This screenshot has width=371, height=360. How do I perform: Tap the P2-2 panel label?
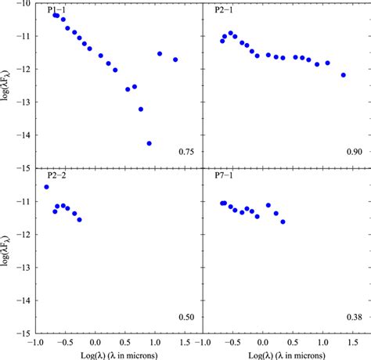coord(56,175)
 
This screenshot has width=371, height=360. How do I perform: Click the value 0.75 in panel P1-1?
coord(186,152)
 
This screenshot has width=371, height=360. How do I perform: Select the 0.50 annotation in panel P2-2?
coord(186,318)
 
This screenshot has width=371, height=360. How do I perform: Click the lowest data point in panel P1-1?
coord(149,143)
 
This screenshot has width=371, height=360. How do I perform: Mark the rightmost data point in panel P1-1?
coord(175,59)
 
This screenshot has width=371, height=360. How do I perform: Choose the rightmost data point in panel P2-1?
coord(344,75)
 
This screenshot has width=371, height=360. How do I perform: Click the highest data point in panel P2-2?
coord(46,187)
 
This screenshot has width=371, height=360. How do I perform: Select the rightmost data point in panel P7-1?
coord(283,221)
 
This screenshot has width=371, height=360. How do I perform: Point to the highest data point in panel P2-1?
coord(231,34)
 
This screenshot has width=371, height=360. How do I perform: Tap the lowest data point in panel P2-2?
coord(79,220)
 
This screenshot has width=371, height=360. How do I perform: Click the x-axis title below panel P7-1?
coord(286,355)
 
